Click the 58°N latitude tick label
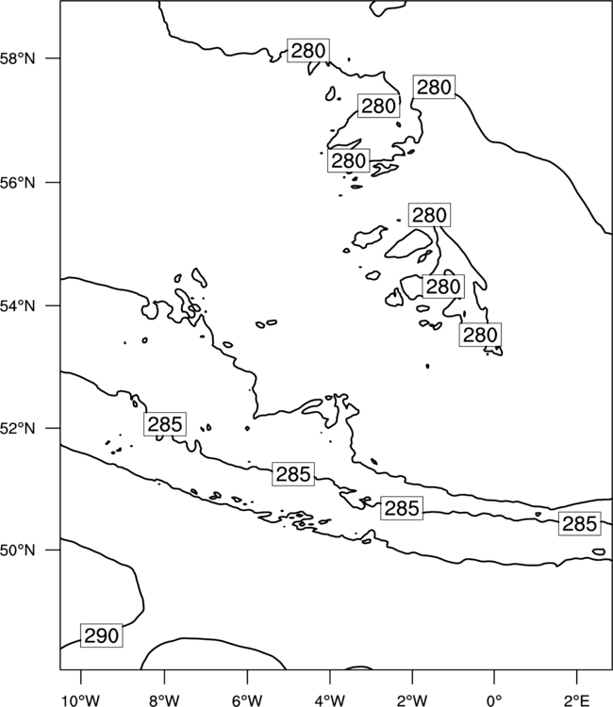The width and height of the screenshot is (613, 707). click(18, 58)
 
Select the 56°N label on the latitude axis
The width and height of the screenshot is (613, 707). click(18, 183)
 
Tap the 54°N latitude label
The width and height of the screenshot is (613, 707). click(18, 305)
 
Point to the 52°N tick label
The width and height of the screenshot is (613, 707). click(18, 428)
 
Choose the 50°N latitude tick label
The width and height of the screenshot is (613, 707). click(18, 551)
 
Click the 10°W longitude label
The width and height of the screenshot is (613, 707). click(81, 700)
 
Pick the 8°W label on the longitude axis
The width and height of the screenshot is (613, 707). click(164, 700)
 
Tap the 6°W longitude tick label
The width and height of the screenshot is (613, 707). click(247, 700)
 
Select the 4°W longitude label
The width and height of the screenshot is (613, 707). click(330, 700)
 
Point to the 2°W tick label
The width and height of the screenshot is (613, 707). click(412, 700)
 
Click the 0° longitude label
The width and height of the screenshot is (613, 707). click(494, 700)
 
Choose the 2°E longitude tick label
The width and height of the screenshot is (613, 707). click(577, 700)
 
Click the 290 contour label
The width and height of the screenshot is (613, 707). click(102, 635)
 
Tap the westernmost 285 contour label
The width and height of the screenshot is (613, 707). click(165, 424)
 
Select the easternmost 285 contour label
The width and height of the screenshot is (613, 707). click(580, 524)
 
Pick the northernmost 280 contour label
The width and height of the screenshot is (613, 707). click(308, 51)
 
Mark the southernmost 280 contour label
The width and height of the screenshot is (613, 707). click(480, 335)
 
